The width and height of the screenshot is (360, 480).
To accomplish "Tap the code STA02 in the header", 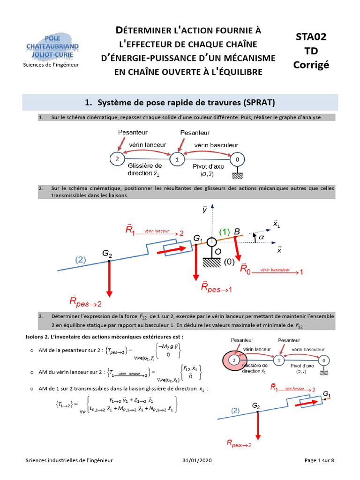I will [311, 37].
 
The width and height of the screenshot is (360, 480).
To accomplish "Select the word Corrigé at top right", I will [311, 64].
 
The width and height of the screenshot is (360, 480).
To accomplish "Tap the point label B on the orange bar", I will [237, 232].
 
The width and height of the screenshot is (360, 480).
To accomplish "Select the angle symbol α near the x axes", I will [261, 237].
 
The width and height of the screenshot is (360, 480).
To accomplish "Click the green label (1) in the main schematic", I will [225, 232].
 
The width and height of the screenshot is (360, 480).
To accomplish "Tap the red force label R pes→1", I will [216, 288].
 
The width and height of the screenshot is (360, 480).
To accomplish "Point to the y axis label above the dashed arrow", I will [204, 210].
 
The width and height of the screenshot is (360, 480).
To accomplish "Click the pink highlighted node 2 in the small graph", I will [232, 360].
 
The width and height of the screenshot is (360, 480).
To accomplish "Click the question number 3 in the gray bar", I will [41, 316].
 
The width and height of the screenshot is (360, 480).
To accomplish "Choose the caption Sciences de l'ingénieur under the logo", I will [51, 64].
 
